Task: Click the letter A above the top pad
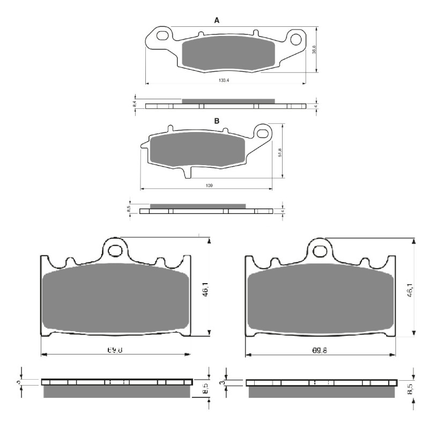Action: [x=217, y=20]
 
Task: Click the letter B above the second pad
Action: [x=217, y=121]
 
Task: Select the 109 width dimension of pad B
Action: [x=209, y=186]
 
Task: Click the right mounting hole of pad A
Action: [x=294, y=39]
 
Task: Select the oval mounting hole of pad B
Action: [x=263, y=131]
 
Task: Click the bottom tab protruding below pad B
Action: [x=187, y=173]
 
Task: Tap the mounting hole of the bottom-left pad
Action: [x=115, y=250]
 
